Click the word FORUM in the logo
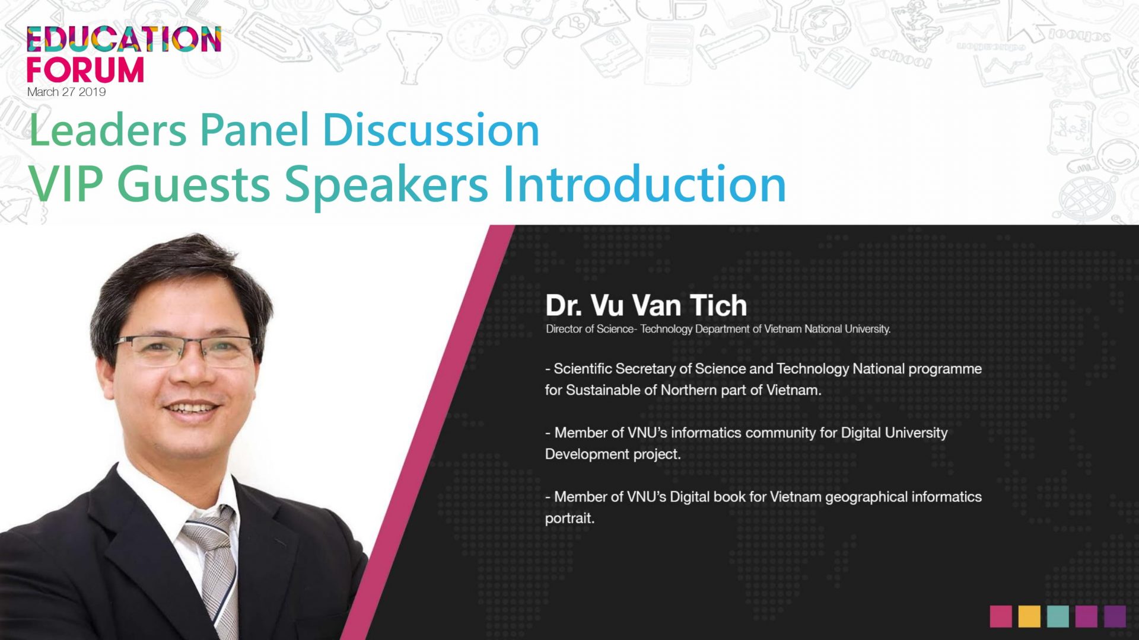tap(85, 70)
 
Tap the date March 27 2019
tap(66, 92)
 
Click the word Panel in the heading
tap(254, 130)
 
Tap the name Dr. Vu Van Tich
tap(646, 306)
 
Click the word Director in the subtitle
tap(564, 329)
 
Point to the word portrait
tap(569, 518)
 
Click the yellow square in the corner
tap(1029, 616)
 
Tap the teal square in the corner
tap(1058, 616)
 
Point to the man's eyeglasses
tap(185, 351)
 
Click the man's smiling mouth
tap(191, 409)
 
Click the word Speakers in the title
tap(386, 185)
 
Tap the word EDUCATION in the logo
tap(124, 39)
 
